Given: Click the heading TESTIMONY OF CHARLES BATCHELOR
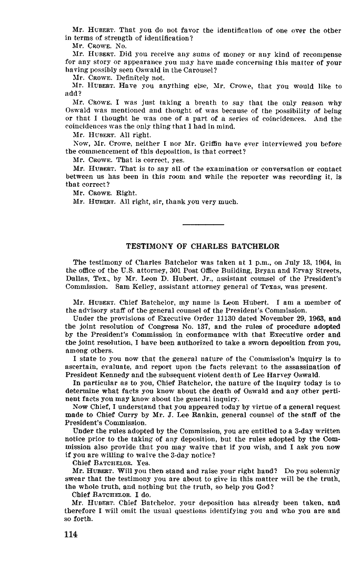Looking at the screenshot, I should (203, 246).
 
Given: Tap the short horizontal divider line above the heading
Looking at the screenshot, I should (203, 225).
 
